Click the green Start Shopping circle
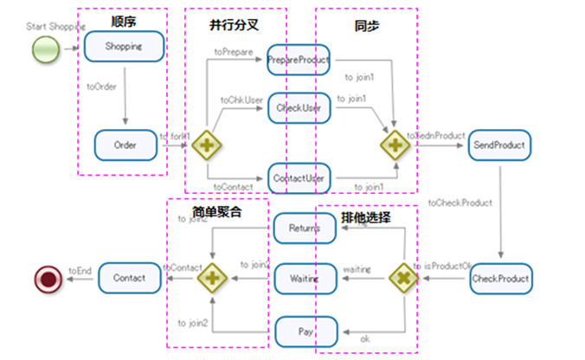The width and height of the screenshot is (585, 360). coord(45,51)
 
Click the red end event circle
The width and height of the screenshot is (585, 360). coord(45,280)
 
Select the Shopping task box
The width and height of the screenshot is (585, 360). coord(125,47)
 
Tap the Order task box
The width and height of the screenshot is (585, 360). coord(125,145)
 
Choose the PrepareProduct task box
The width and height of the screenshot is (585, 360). coord(298,60)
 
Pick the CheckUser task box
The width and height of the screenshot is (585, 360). coord(298,108)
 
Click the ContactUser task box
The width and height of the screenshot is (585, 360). coord(298,178)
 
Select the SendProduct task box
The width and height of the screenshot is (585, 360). coord(501,145)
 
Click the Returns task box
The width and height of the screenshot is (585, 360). coord(305,228)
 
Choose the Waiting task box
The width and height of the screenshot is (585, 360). coord(305,280)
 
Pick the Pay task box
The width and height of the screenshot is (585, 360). coord(305,331)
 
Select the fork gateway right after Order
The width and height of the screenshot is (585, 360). coord(207,145)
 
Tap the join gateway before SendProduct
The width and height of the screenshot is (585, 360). coord(392,145)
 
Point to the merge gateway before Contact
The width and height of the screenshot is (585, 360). coord(210,279)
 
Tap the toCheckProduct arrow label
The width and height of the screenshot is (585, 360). coord(460,202)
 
